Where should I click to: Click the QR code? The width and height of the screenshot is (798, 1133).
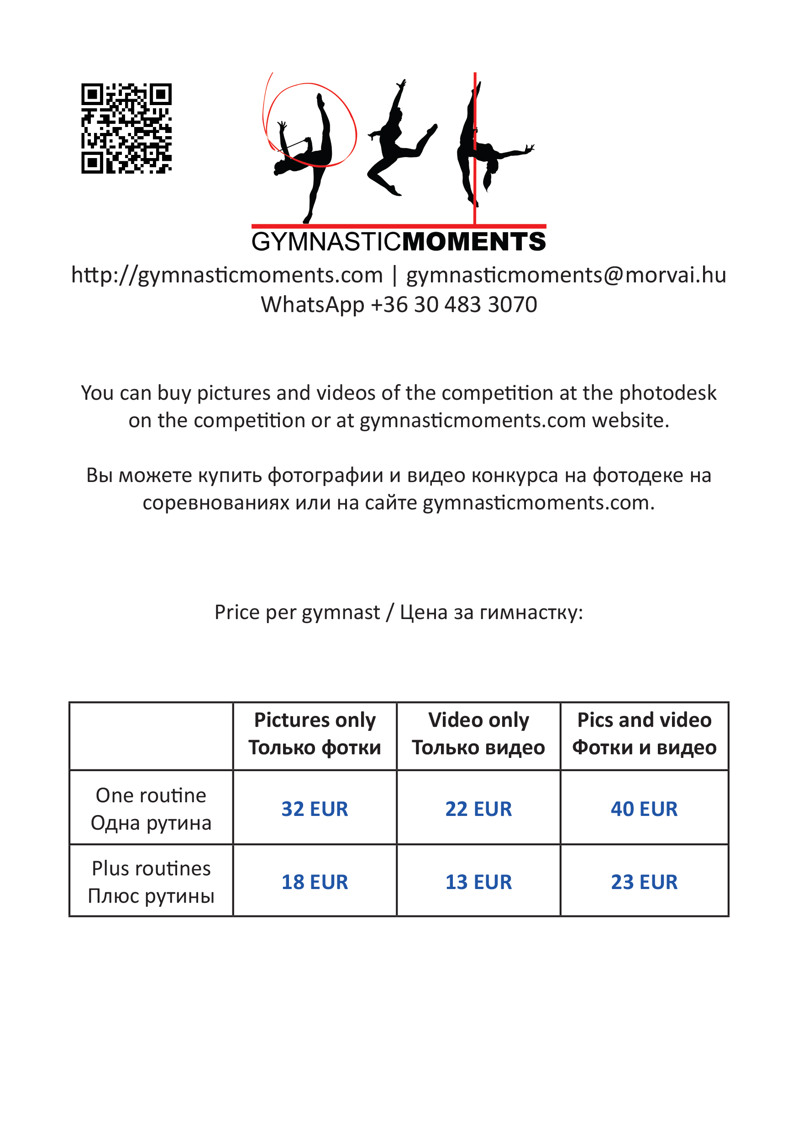click(126, 128)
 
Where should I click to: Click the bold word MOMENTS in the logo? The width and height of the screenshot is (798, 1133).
click(473, 242)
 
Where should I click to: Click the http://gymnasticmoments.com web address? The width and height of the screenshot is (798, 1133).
click(227, 275)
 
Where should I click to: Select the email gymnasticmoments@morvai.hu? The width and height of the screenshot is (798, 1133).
click(566, 275)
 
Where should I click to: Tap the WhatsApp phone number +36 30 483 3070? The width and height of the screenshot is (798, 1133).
click(454, 304)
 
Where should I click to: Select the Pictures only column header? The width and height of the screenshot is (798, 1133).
click(315, 734)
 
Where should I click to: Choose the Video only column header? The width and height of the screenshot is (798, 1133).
click(478, 734)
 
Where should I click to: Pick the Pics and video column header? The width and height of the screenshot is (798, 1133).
click(644, 734)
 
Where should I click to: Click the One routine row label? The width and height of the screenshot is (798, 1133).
click(151, 809)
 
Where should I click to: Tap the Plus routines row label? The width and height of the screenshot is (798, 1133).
click(151, 882)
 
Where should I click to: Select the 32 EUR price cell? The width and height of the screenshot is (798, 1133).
click(315, 809)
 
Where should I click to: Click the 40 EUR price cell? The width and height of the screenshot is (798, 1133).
click(644, 809)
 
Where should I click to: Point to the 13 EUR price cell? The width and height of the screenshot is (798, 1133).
click(478, 882)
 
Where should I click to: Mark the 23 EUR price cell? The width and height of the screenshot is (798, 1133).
click(644, 882)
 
